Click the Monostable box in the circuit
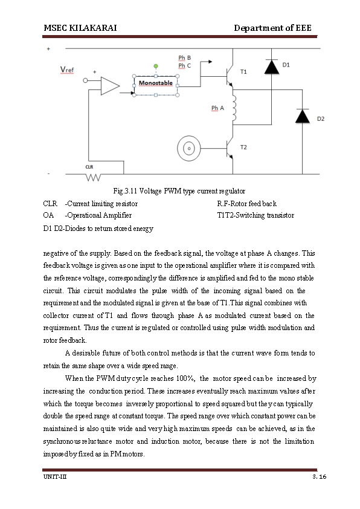pyautogui.click(x=156, y=83)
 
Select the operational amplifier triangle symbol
pyautogui.click(x=109, y=86)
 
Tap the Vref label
pyautogui.click(x=67, y=70)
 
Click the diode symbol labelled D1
pyautogui.click(x=271, y=68)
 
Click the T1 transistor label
pyautogui.click(x=243, y=71)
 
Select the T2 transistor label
pyautogui.click(x=243, y=147)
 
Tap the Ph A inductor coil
pyautogui.click(x=234, y=108)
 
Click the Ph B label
pyautogui.click(x=184, y=57)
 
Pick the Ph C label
pyautogui.click(x=184, y=65)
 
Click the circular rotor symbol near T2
pyautogui.click(x=188, y=148)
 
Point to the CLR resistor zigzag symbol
pyautogui.click(x=94, y=178)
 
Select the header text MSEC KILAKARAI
pyautogui.click(x=80, y=28)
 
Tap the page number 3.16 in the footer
pyautogui.click(x=319, y=478)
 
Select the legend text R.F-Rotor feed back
pyautogui.click(x=246, y=204)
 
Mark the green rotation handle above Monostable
pyautogui.click(x=156, y=65)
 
